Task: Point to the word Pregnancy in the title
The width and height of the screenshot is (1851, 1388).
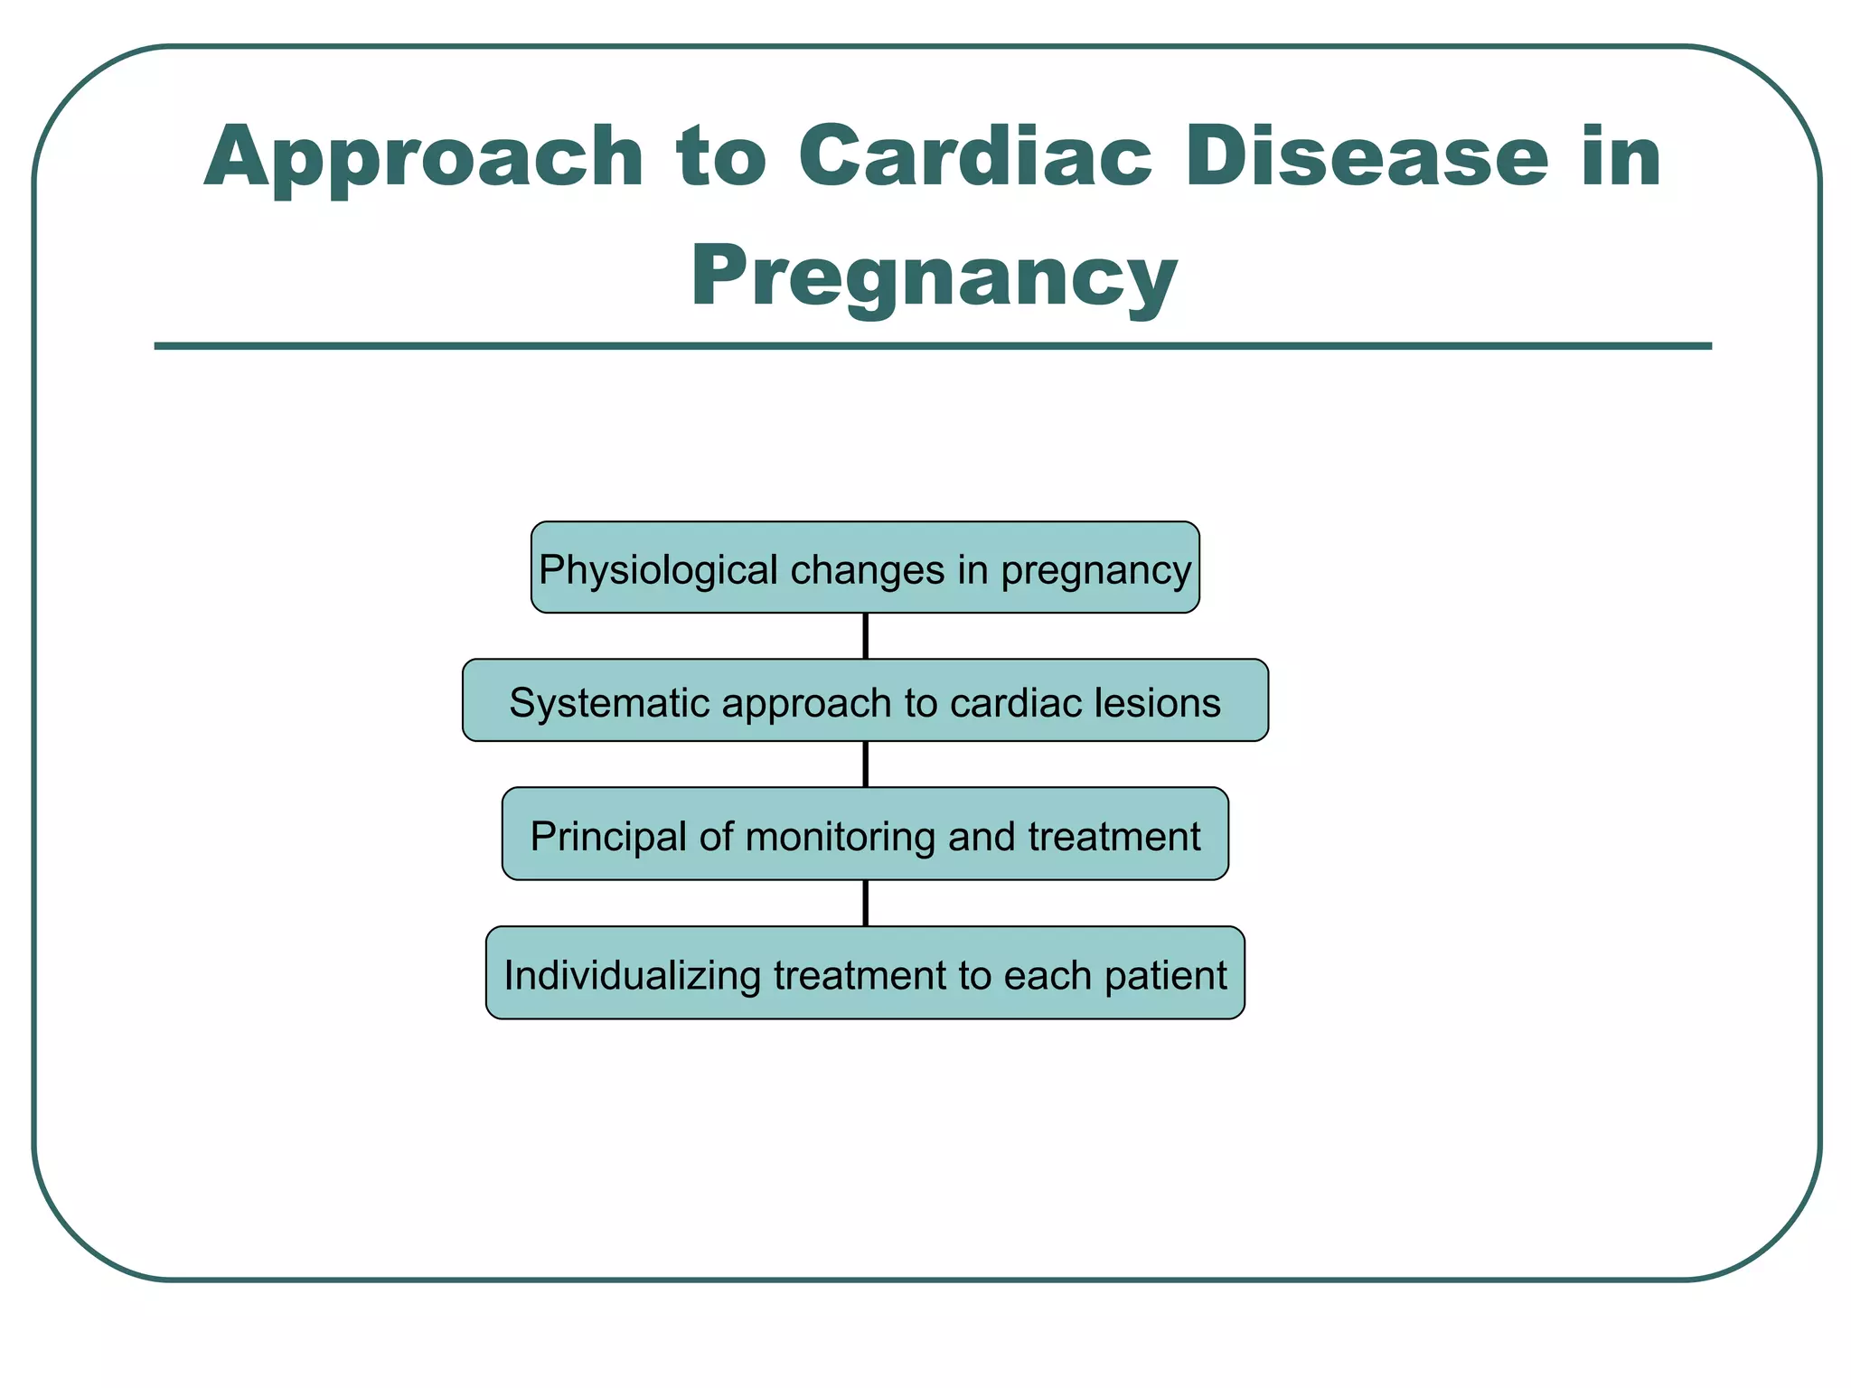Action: [x=933, y=278]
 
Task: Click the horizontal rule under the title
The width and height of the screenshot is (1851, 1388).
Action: [x=933, y=346]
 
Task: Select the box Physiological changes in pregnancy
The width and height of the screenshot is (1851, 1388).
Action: [x=865, y=567]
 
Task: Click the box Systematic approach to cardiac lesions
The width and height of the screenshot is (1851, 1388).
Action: [x=865, y=700]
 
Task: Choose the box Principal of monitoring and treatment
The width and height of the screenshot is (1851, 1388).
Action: [x=865, y=833]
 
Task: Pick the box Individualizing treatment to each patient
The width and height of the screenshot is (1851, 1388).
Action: [x=865, y=972]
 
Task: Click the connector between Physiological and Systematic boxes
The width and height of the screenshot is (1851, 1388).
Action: [x=866, y=636]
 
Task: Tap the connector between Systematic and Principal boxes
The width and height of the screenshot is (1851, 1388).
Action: [x=866, y=764]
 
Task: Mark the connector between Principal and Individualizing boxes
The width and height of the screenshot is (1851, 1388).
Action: [x=866, y=903]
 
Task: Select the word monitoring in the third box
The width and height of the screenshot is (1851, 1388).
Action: [x=840, y=837]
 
